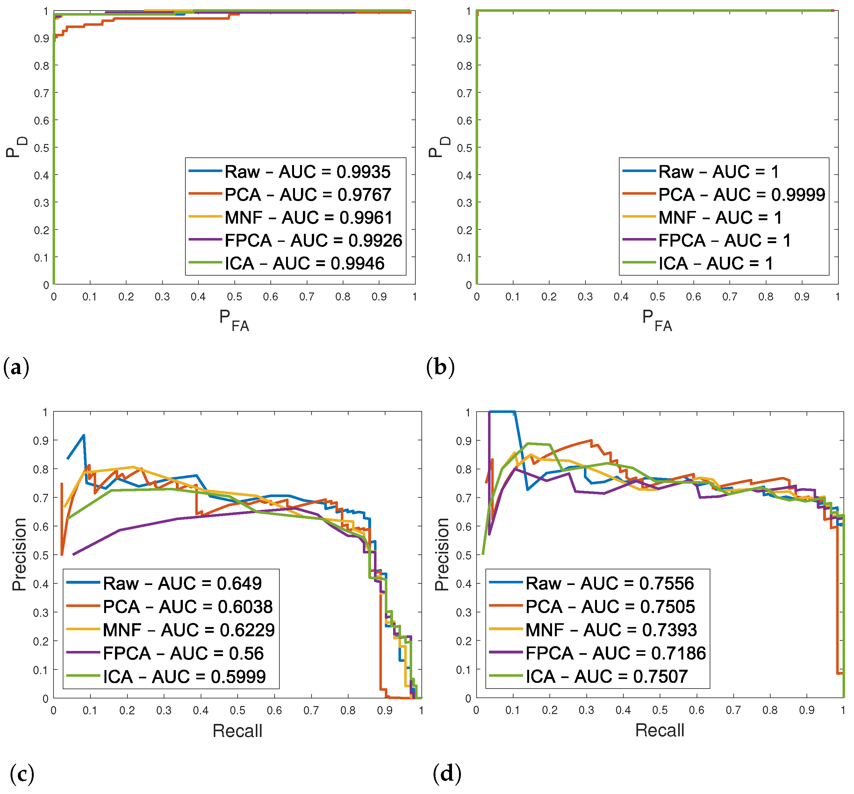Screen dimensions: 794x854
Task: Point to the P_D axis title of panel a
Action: point(16,147)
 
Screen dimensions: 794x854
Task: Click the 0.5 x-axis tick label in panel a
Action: point(234,297)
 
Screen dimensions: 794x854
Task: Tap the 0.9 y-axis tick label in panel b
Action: point(464,39)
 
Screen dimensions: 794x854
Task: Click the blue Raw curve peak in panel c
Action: point(84,435)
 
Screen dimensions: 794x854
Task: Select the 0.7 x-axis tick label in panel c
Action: point(311,711)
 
